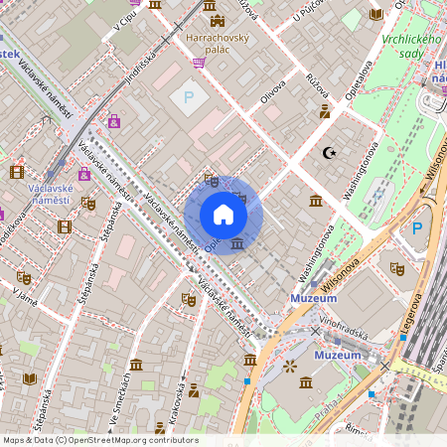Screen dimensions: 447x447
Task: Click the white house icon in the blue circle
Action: pos(223,214)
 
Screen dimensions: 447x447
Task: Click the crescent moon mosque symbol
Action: pos(329,153)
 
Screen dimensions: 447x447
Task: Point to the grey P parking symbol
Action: pos(188,97)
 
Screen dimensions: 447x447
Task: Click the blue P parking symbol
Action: pos(418,228)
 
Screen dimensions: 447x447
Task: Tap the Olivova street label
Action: pos(272,91)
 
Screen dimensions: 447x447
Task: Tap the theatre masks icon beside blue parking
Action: pos(397,268)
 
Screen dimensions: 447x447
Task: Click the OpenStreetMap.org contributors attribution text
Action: pos(129,440)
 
